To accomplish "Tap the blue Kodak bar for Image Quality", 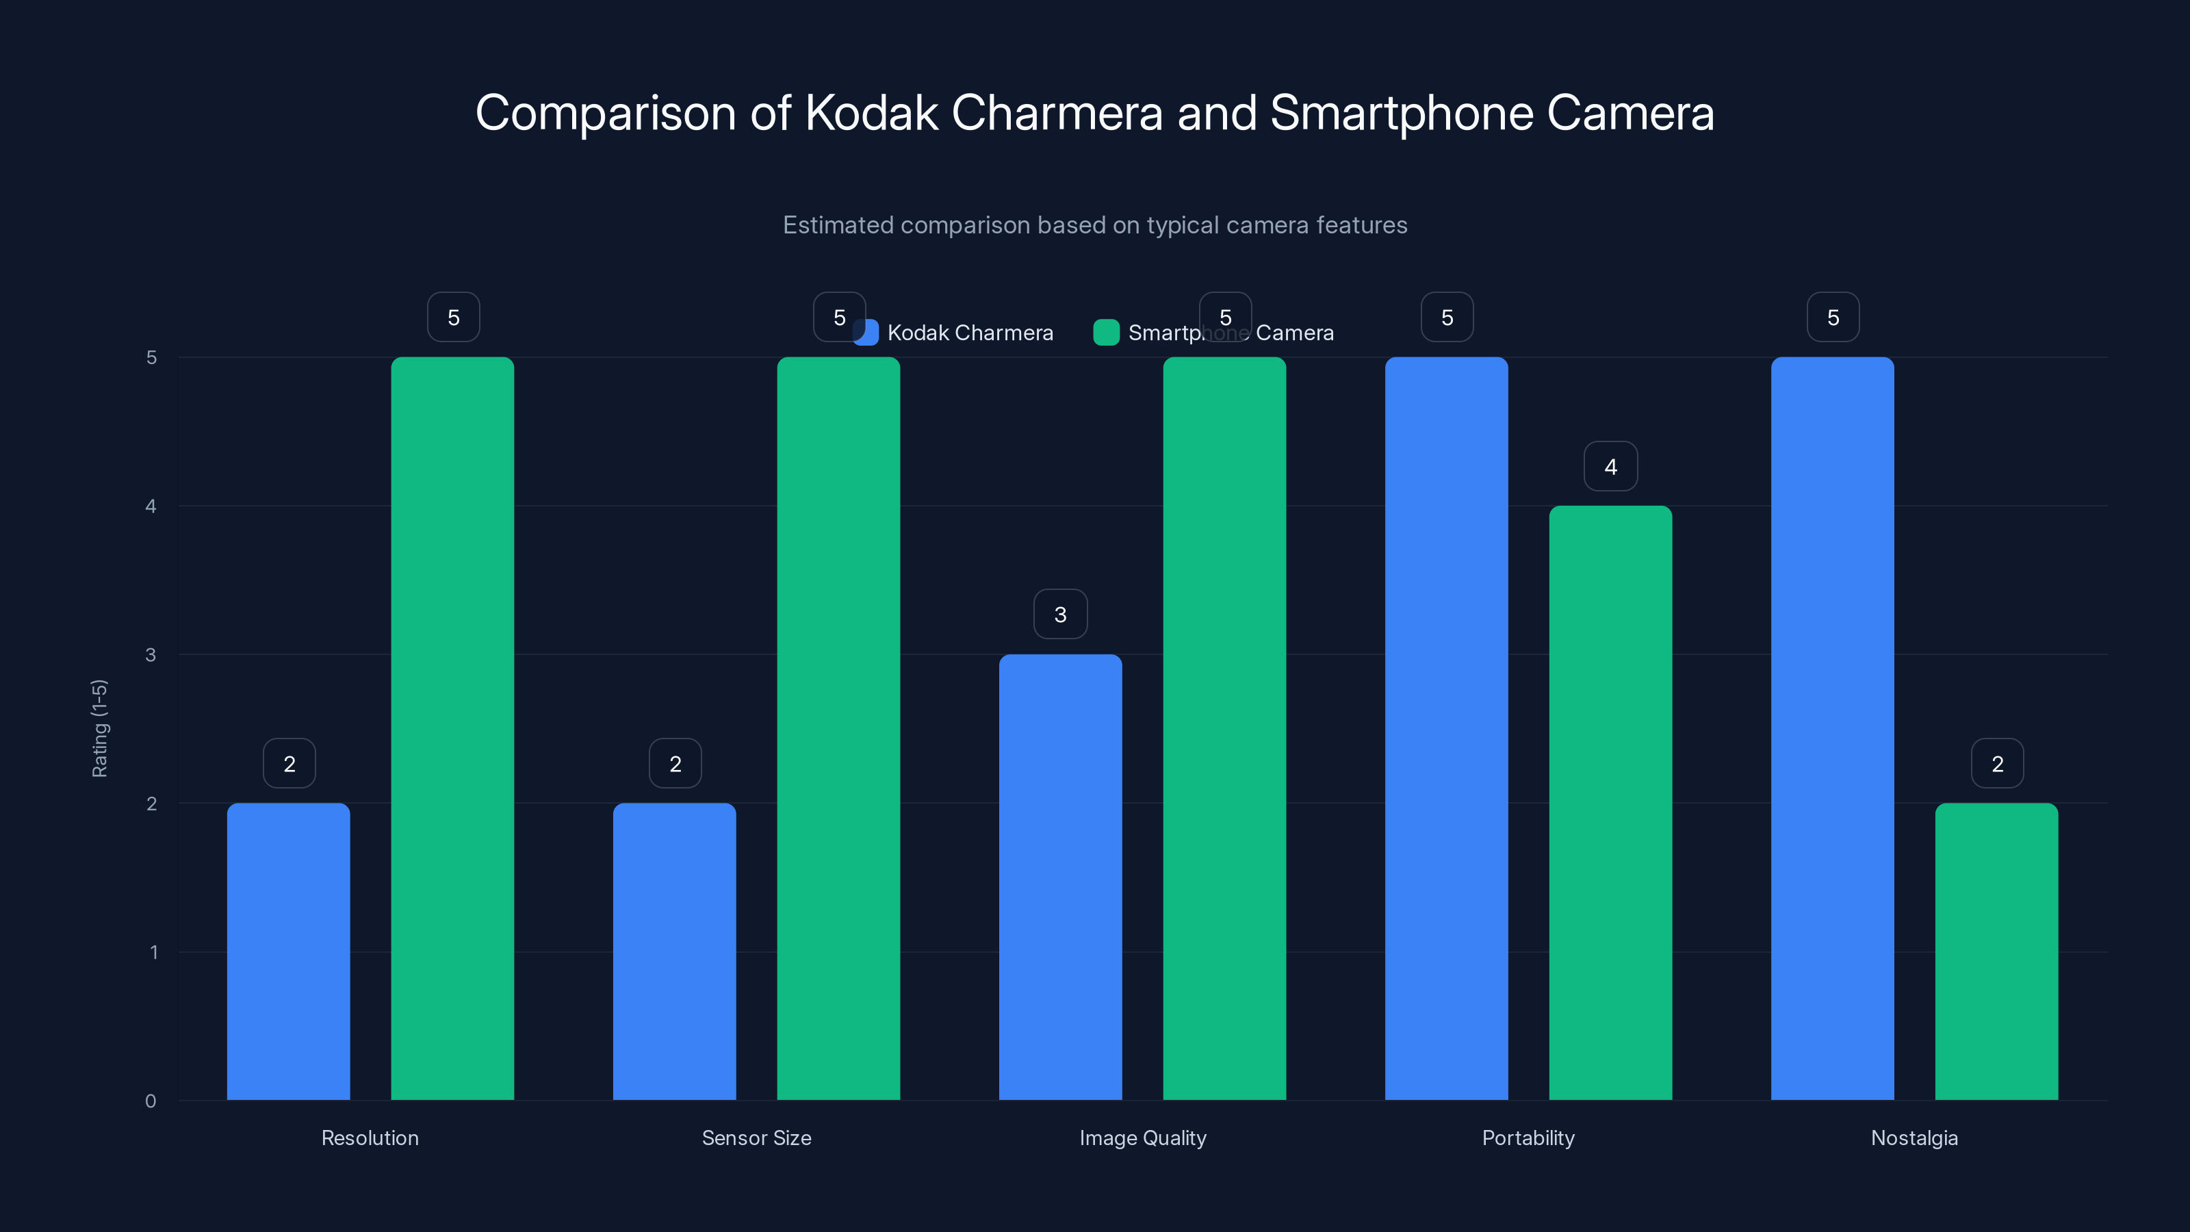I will [x=1060, y=876].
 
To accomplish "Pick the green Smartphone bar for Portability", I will [x=1610, y=803].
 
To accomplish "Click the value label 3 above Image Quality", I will [x=1060, y=614].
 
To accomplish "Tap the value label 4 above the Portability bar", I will [x=1610, y=466].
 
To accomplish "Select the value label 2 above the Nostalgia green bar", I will [x=1997, y=764].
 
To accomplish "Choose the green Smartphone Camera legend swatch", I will [x=1106, y=333].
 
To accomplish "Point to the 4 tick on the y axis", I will [x=151, y=506].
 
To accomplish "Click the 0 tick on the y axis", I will [x=151, y=1101].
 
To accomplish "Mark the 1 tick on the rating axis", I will [x=154, y=952].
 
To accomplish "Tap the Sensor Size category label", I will [x=756, y=1138].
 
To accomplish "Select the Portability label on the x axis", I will [x=1528, y=1138].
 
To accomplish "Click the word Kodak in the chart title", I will [x=871, y=113].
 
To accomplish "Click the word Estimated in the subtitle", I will [x=838, y=225].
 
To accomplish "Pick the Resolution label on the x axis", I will [x=370, y=1138].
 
